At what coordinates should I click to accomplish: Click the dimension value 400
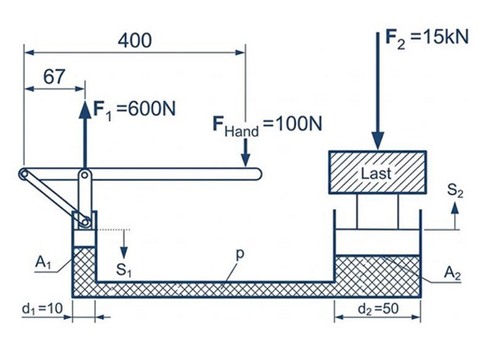pyautogui.click(x=135, y=40)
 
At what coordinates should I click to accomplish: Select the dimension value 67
pyautogui.click(x=54, y=77)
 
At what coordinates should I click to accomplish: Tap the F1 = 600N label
pyautogui.click(x=135, y=110)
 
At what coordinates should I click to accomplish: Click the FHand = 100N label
pyautogui.click(x=267, y=125)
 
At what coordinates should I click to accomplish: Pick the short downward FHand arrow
pyautogui.click(x=246, y=153)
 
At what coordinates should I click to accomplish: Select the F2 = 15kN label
pyautogui.click(x=427, y=39)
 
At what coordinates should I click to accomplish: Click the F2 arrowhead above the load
pyautogui.click(x=378, y=141)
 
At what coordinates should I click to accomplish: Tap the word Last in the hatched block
pyautogui.click(x=377, y=173)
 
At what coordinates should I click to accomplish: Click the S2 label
pyautogui.click(x=455, y=190)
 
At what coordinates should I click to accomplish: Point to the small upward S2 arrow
pyautogui.click(x=455, y=216)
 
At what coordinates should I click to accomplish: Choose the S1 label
pyautogui.click(x=123, y=270)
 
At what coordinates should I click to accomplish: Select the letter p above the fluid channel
pyautogui.click(x=239, y=254)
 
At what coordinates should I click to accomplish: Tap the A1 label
pyautogui.click(x=43, y=262)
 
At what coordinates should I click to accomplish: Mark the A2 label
pyautogui.click(x=452, y=273)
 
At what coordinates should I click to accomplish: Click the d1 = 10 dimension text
pyautogui.click(x=43, y=309)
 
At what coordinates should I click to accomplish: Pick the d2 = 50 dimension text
pyautogui.click(x=378, y=309)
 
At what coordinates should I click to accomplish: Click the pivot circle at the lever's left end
pyautogui.click(x=23, y=174)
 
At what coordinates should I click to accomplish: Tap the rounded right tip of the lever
pyautogui.click(x=258, y=174)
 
